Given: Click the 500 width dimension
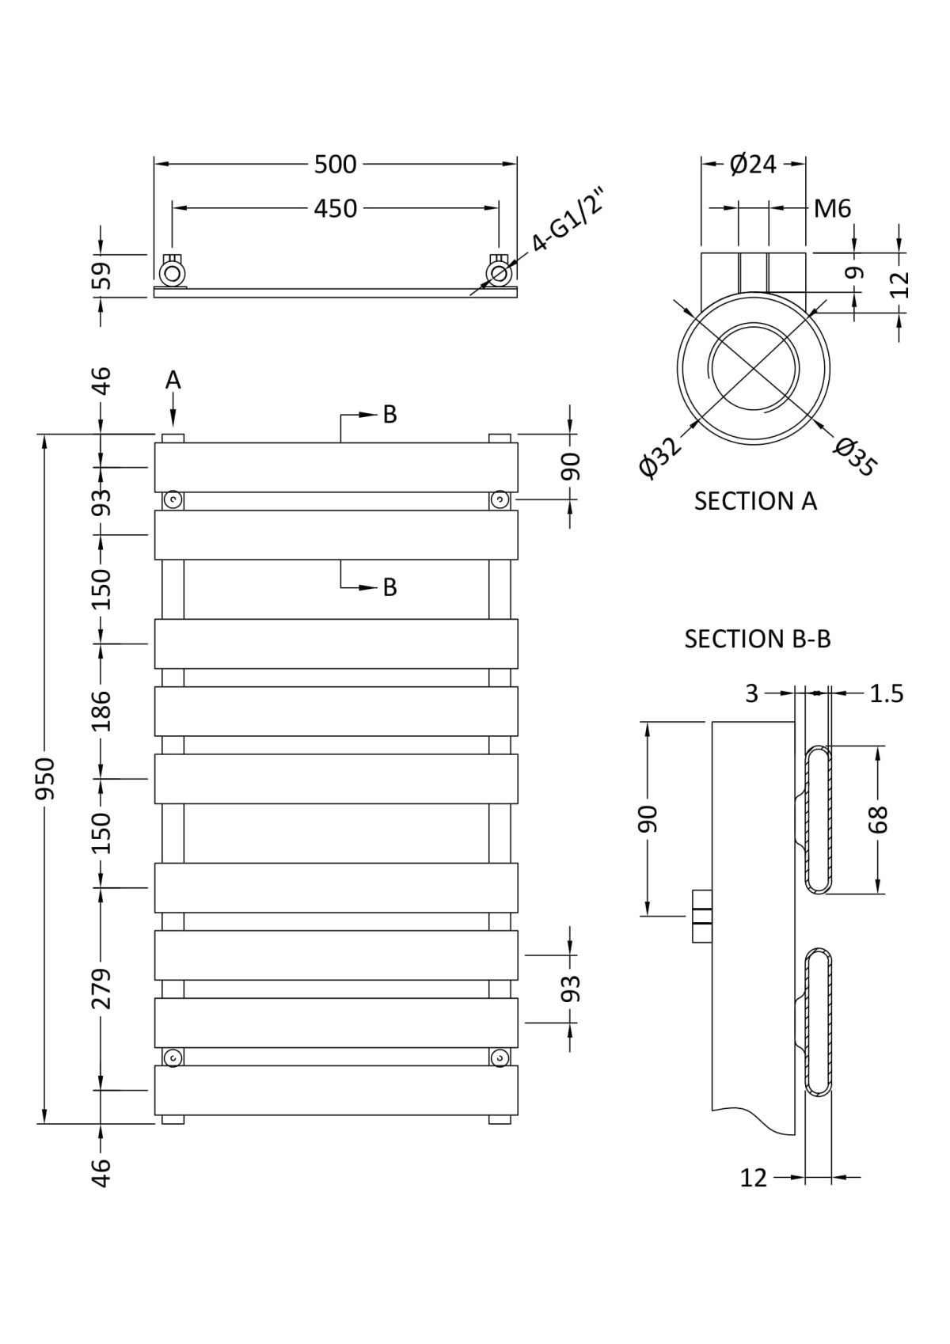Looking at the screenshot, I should (x=336, y=165).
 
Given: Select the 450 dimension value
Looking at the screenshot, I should (x=336, y=208).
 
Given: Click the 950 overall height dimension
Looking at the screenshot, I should (x=45, y=777).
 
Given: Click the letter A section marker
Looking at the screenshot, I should (x=173, y=381).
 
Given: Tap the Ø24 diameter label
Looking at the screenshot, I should (x=752, y=165).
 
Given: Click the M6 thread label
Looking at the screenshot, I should (x=832, y=209).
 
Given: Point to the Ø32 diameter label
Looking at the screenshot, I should (x=660, y=457).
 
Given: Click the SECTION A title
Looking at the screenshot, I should (x=755, y=501).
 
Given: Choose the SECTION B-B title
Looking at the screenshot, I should (x=758, y=639).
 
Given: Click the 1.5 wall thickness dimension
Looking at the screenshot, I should (x=886, y=693).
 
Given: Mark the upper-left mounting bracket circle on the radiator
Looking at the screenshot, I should (x=173, y=500).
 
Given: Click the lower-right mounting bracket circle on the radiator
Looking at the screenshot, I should (x=499, y=1058).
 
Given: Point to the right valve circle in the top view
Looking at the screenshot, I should (x=498, y=274).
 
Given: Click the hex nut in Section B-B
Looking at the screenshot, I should (x=702, y=916).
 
